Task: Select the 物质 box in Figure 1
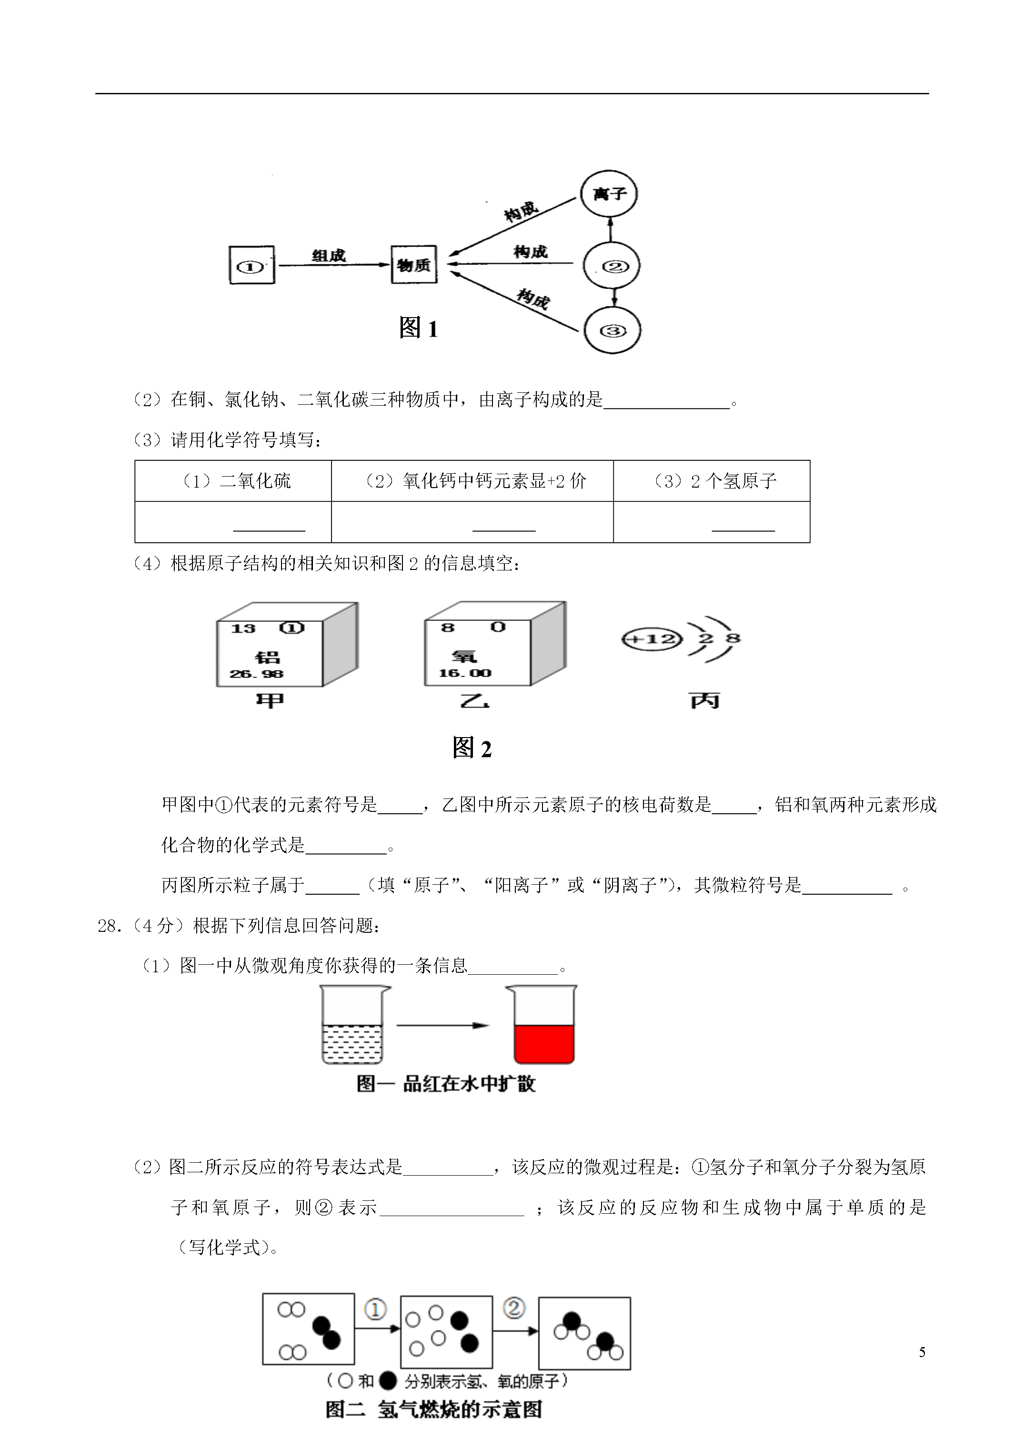tap(414, 265)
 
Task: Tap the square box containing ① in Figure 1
tap(252, 265)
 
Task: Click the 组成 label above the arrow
tap(329, 255)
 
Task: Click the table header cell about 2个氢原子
tap(712, 481)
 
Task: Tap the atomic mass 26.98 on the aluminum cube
tap(257, 674)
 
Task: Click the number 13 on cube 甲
tap(243, 628)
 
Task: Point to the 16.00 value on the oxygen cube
tap(465, 674)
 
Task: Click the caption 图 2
tap(472, 748)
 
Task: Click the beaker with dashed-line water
tap(353, 1025)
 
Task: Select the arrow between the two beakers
tap(443, 1026)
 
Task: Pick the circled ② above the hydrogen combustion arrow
tap(513, 1308)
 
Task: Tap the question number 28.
tap(109, 926)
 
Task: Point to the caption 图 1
tap(418, 328)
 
